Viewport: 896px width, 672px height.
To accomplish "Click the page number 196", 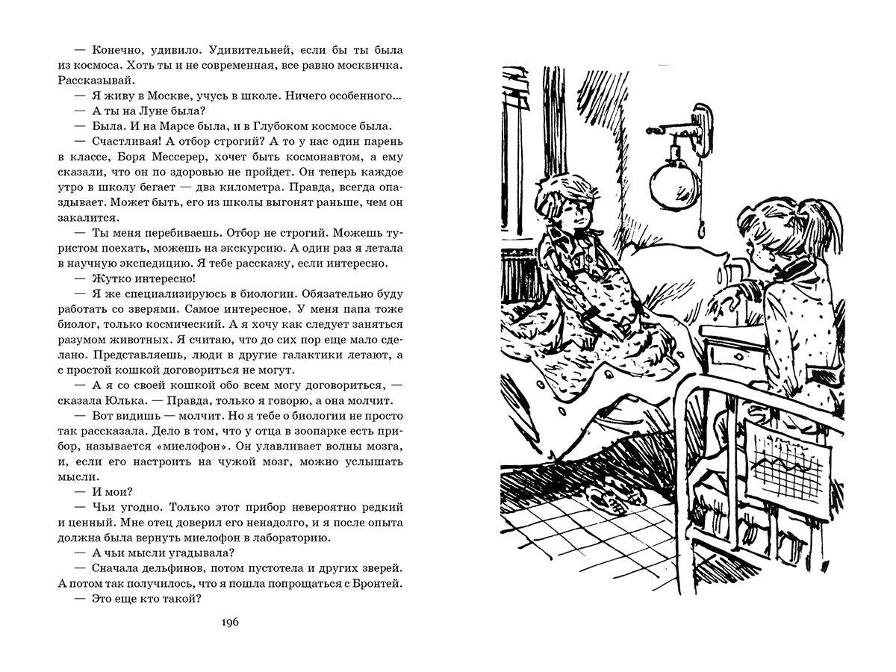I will [x=229, y=623].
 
